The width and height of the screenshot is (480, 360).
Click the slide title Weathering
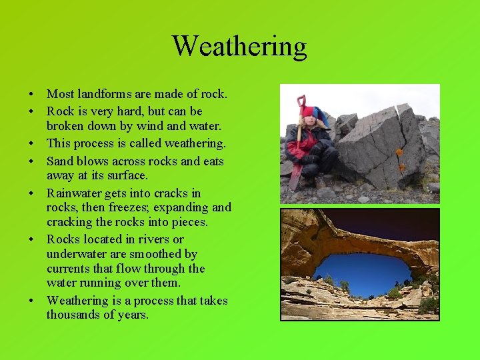point(239,46)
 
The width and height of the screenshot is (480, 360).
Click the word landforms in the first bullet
point(103,95)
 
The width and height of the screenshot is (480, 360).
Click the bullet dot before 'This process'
point(32,144)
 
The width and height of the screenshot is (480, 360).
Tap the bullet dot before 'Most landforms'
point(32,95)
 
